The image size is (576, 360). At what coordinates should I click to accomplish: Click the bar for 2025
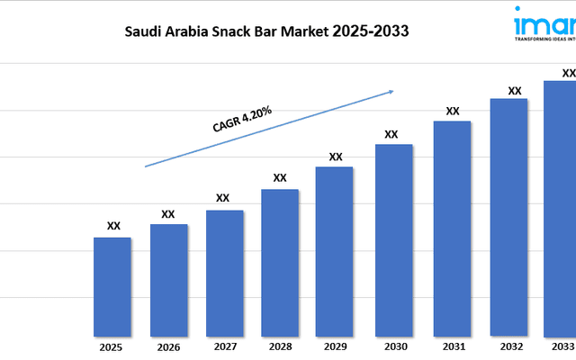[112, 285]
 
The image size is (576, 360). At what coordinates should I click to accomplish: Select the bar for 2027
[224, 272]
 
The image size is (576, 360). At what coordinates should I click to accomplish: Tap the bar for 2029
[335, 250]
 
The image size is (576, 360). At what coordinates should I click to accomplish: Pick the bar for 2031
[453, 227]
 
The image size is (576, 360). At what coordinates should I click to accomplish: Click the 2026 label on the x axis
[167, 346]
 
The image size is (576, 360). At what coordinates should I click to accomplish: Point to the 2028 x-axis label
[280, 346]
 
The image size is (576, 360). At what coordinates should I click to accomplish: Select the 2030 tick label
[393, 346]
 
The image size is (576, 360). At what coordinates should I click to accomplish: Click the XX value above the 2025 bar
[113, 227]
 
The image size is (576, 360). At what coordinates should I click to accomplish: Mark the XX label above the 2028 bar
[280, 177]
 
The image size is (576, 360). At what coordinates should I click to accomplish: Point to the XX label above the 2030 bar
[391, 134]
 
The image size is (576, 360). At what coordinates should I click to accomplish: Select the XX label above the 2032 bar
[515, 90]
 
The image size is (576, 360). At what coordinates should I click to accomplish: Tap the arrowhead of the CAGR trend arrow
[391, 90]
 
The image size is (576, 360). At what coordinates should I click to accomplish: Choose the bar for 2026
[168, 279]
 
